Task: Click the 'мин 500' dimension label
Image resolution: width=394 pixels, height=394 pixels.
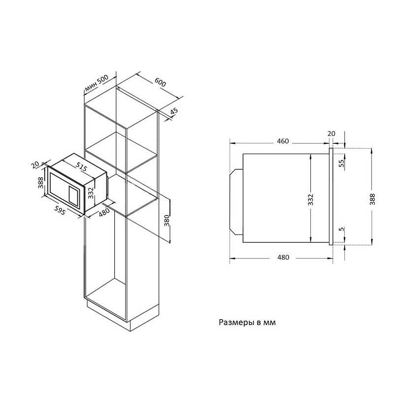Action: [x=97, y=83]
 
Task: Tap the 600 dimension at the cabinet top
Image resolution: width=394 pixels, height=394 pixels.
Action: [x=160, y=82]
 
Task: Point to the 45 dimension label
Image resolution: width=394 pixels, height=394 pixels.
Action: [x=174, y=112]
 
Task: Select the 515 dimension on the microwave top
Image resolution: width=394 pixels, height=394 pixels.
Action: [x=81, y=166]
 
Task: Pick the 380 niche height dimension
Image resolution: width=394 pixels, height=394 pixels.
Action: [x=167, y=220]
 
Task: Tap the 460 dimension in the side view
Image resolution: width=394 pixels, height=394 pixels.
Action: [x=283, y=141]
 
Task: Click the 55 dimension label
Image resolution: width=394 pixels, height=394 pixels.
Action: [x=341, y=164]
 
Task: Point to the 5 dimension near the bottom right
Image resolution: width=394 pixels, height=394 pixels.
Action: [x=341, y=229]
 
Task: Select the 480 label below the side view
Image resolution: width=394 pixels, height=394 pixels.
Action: [x=283, y=257]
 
